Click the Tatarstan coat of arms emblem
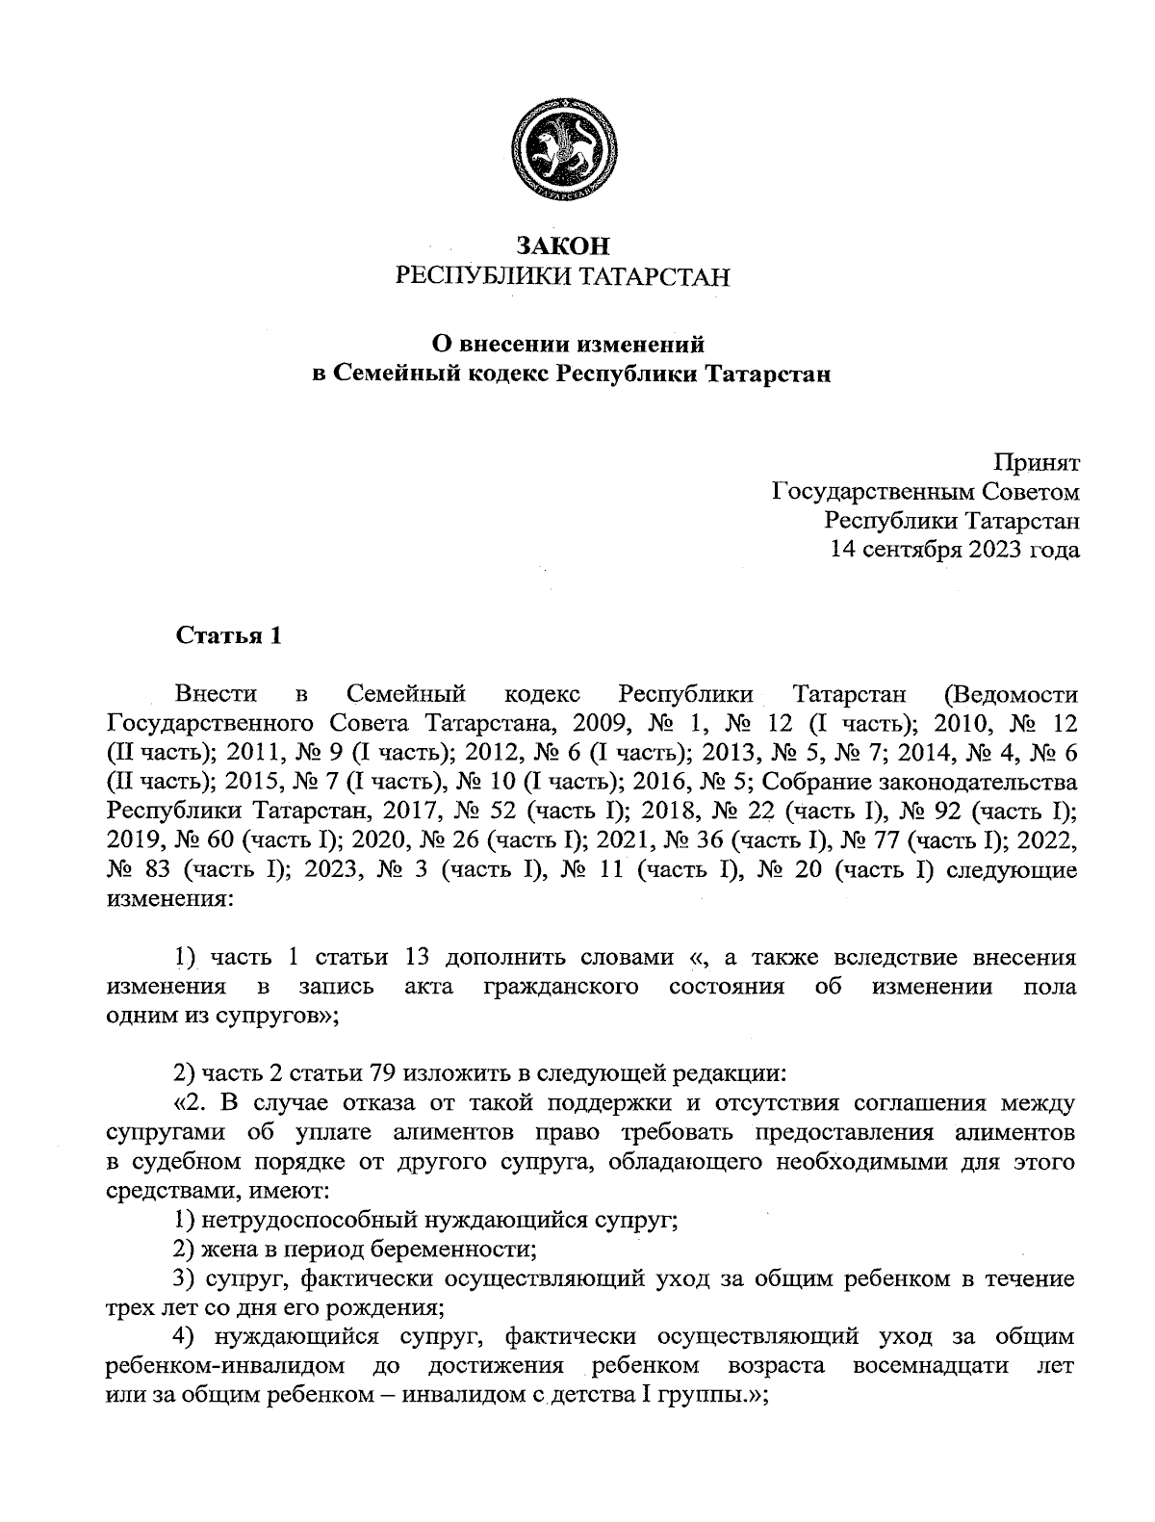(x=564, y=151)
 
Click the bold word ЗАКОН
(x=563, y=245)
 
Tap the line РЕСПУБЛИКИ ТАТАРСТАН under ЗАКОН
(x=563, y=277)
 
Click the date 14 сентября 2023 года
(x=955, y=550)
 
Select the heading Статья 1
(x=228, y=636)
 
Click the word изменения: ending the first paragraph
(x=169, y=900)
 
